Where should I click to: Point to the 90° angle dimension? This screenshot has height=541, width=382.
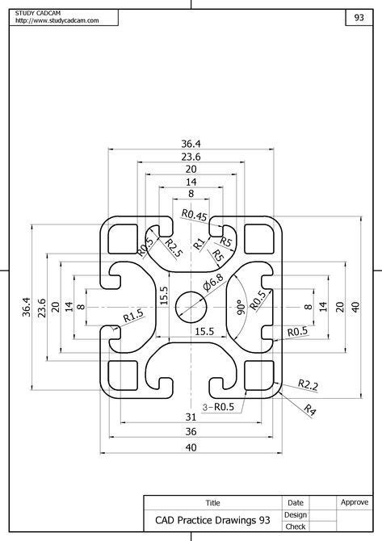[240, 307]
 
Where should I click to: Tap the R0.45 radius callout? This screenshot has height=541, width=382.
[195, 215]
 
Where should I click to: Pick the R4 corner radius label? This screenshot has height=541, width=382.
[309, 409]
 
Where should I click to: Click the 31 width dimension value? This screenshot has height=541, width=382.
[191, 417]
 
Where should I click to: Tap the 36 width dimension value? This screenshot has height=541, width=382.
[191, 432]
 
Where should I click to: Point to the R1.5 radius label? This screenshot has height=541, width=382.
[133, 315]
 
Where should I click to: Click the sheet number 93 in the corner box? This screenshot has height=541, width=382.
[358, 17]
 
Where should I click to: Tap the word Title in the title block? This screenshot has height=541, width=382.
[212, 502]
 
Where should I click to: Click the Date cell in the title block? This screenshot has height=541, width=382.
[296, 502]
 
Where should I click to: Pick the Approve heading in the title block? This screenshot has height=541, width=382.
[355, 502]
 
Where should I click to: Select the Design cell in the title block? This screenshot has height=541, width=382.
[296, 514]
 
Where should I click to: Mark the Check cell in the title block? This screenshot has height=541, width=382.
[296, 526]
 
